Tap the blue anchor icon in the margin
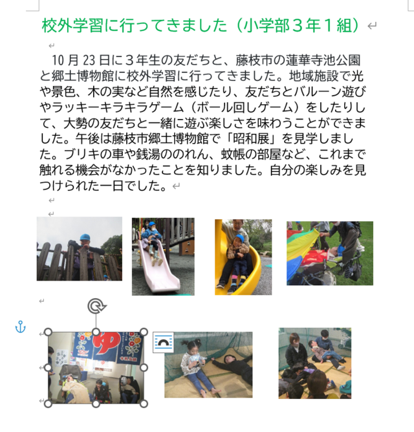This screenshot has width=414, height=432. point(20,327)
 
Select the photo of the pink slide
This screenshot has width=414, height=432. point(163,256)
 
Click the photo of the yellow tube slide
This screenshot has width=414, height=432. point(243,257)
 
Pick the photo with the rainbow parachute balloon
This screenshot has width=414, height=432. point(330,253)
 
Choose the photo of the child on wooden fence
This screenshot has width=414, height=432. point(79,248)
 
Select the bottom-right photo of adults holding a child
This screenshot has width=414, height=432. point(315,363)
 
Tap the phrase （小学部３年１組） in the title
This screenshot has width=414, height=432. point(296,26)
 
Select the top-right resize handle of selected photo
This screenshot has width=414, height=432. point(144,332)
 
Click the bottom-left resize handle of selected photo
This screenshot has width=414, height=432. point(48,404)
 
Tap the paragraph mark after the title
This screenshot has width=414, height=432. point(371,27)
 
